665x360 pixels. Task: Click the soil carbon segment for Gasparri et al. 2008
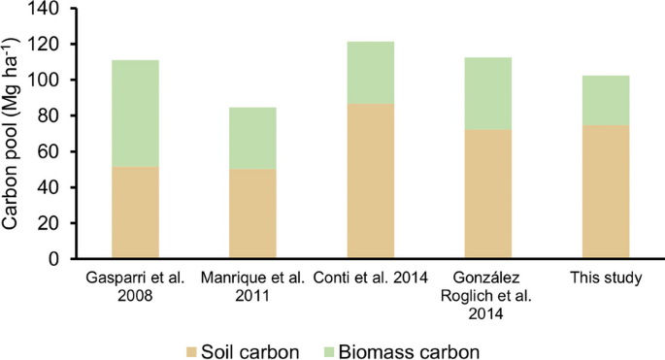click(x=136, y=213)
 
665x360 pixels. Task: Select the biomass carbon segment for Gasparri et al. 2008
click(x=136, y=114)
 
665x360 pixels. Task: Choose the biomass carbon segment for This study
click(x=606, y=100)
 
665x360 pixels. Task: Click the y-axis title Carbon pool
click(x=14, y=133)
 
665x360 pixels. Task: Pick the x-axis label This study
click(x=606, y=279)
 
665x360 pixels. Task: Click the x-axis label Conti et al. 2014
click(x=370, y=279)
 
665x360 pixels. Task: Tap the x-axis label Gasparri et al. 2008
click(x=136, y=287)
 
